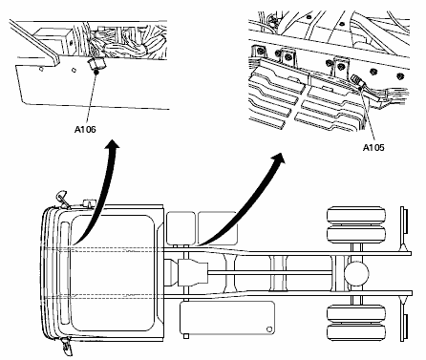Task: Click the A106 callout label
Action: (x=85, y=129)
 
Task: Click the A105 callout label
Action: (x=373, y=147)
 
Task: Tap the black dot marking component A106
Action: (x=96, y=73)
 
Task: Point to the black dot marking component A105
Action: (x=360, y=88)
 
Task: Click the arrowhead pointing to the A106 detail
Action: (x=112, y=144)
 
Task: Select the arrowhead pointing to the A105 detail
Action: (x=279, y=158)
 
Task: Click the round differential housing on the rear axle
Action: (x=356, y=274)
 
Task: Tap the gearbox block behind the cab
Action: (x=193, y=273)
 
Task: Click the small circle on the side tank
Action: (x=269, y=328)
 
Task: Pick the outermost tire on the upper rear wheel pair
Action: (x=356, y=216)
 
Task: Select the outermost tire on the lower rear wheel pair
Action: (x=356, y=333)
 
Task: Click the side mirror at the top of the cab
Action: (x=61, y=198)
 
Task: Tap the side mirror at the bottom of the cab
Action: (x=68, y=346)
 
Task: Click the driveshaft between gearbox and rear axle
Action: (x=270, y=273)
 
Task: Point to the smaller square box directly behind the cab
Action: (x=181, y=228)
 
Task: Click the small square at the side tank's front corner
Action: (x=186, y=336)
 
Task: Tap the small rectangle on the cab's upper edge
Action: (x=90, y=202)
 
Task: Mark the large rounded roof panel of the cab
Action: (x=113, y=273)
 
